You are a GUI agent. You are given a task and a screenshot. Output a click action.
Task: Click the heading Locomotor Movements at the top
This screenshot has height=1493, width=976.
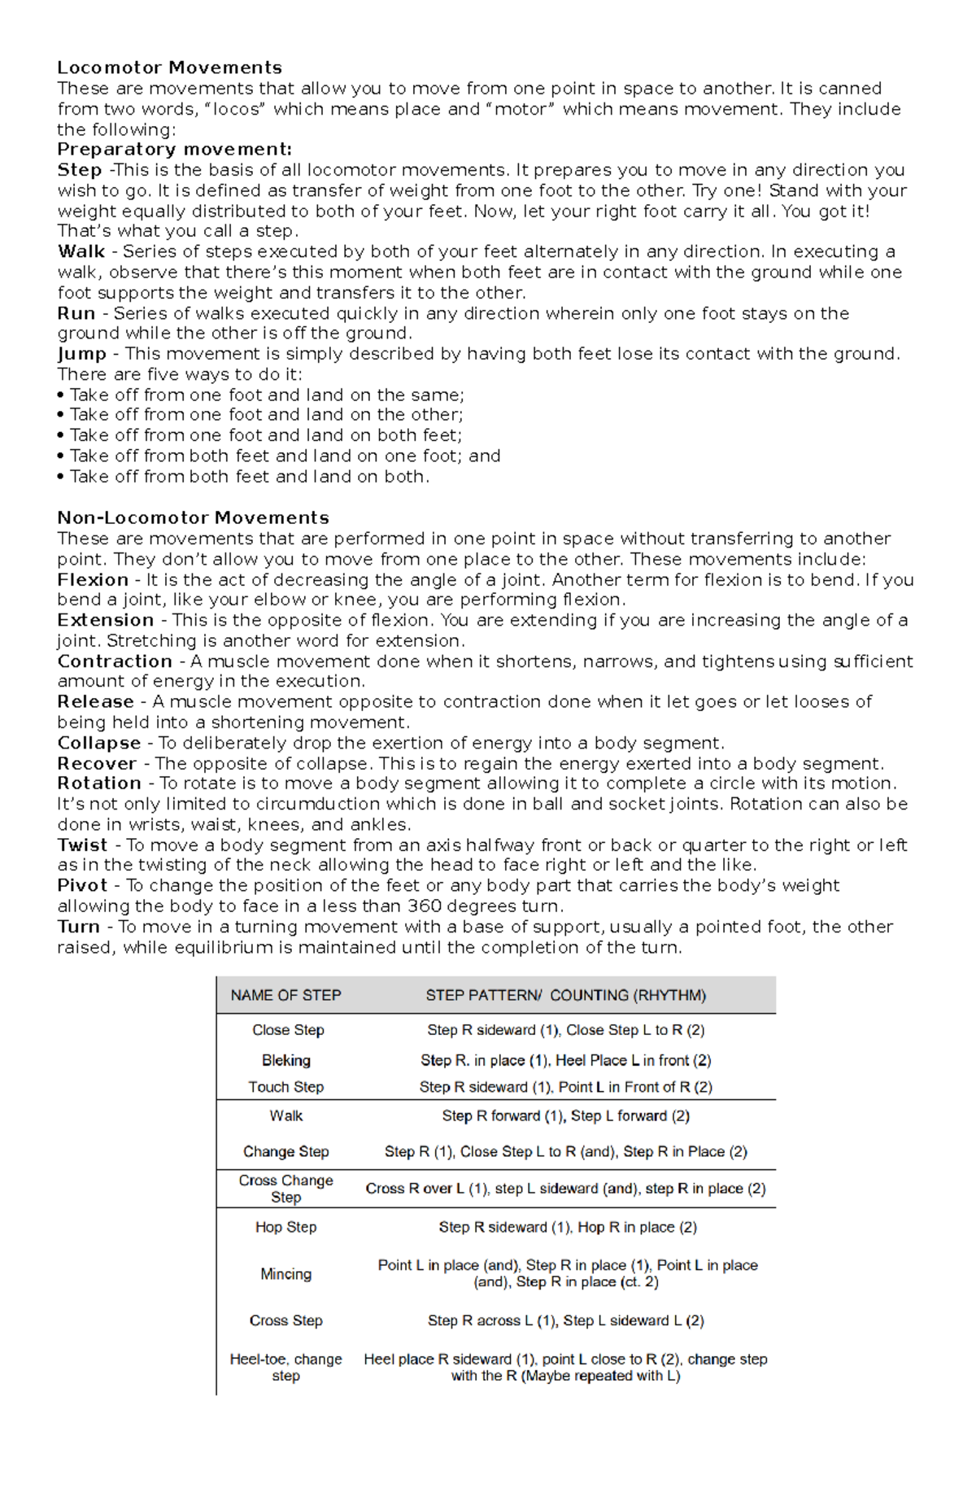click(169, 68)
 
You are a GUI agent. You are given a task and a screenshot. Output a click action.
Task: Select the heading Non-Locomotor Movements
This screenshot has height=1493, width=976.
click(193, 517)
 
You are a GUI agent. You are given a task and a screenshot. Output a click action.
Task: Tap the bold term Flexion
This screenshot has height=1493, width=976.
click(93, 579)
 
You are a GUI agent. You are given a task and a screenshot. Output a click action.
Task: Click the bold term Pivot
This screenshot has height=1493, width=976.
click(82, 885)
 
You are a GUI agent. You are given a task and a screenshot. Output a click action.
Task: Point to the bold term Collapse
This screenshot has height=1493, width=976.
click(98, 743)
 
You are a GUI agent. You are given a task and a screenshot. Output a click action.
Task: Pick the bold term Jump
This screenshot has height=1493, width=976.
click(81, 354)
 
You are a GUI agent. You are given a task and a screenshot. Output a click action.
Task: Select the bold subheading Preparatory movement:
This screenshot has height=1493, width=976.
click(174, 149)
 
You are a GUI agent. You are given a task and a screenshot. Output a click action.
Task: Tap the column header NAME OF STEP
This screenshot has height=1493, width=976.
click(285, 995)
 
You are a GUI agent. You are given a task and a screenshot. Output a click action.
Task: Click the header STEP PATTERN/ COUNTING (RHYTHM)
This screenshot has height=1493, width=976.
click(565, 995)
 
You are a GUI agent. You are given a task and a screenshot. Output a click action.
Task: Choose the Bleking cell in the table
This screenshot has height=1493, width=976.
click(285, 1060)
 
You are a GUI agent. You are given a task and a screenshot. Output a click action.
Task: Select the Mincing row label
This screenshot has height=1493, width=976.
click(285, 1274)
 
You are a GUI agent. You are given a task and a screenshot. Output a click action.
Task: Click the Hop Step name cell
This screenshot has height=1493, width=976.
click(285, 1227)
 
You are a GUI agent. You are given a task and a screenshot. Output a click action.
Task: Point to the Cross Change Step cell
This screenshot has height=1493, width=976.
click(285, 1189)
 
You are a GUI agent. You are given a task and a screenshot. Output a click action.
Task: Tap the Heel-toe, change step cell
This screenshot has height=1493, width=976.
click(285, 1367)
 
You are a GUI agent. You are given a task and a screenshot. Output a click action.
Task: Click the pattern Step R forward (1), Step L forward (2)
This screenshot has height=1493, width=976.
click(565, 1116)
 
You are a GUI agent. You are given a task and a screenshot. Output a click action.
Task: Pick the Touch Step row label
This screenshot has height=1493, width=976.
click(285, 1087)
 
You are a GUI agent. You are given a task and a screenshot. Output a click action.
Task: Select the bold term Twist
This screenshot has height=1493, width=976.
click(82, 845)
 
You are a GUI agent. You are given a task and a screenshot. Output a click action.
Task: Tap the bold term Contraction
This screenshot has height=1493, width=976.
click(114, 661)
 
